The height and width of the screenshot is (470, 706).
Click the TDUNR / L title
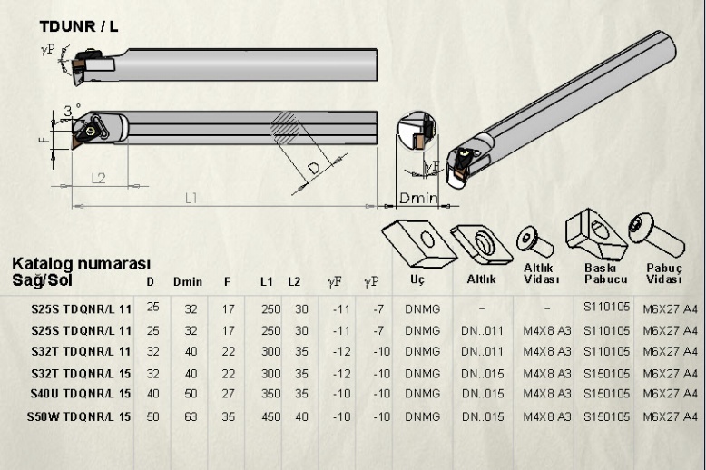click(x=78, y=26)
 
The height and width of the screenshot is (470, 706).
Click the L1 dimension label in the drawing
click(x=191, y=198)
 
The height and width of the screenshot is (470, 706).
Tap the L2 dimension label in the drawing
click(x=99, y=177)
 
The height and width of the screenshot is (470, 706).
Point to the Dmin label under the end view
click(x=419, y=199)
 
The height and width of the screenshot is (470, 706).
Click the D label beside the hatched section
click(x=314, y=170)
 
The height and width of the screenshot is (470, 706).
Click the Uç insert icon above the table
click(x=417, y=240)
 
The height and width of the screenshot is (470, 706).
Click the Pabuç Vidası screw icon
click(x=657, y=234)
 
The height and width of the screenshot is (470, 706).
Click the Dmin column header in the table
click(x=187, y=282)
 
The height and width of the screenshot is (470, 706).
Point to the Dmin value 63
click(x=190, y=416)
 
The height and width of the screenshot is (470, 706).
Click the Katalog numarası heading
click(x=80, y=264)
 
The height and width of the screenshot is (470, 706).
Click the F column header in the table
click(x=227, y=282)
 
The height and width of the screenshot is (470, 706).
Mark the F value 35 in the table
click(x=228, y=416)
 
